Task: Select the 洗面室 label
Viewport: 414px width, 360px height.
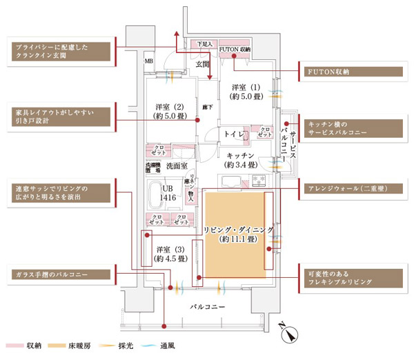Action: pyautogui.click(x=177, y=166)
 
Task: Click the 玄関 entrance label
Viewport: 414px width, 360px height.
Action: pyautogui.click(x=202, y=64)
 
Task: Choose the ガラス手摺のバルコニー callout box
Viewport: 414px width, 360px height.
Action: pyautogui.click(x=61, y=274)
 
